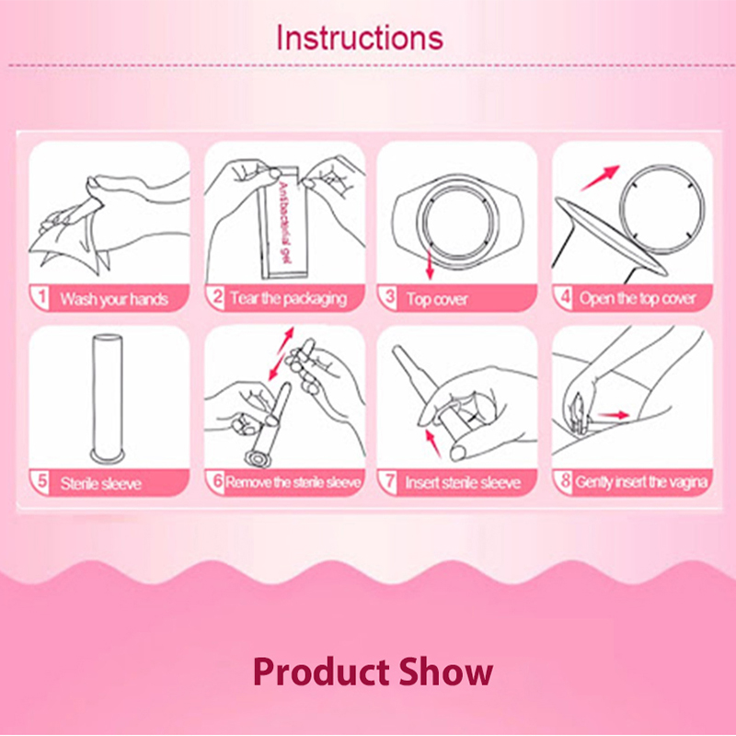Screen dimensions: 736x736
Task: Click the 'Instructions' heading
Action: pyautogui.click(x=360, y=38)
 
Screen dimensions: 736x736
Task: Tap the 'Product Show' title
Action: pyautogui.click(x=373, y=673)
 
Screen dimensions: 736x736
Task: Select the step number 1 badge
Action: pyautogui.click(x=41, y=297)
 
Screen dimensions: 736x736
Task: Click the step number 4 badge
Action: pyautogui.click(x=566, y=297)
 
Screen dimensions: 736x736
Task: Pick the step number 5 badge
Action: pyautogui.click(x=42, y=481)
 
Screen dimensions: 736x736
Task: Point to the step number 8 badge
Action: pyautogui.click(x=565, y=480)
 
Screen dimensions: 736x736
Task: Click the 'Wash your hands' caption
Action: pyautogui.click(x=114, y=299)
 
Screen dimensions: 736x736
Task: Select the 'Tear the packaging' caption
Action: pyautogui.click(x=289, y=298)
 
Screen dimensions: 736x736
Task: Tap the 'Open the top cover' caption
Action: pyautogui.click(x=638, y=298)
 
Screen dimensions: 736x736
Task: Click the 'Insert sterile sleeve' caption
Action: pyautogui.click(x=463, y=482)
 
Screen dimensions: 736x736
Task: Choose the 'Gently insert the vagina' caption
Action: pyautogui.click(x=641, y=482)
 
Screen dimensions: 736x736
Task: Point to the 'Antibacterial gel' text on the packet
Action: pyautogui.click(x=284, y=223)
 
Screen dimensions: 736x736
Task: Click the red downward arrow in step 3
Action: pyautogui.click(x=429, y=264)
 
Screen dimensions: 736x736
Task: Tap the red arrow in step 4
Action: pyautogui.click(x=601, y=178)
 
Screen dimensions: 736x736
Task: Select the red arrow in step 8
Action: pyautogui.click(x=614, y=415)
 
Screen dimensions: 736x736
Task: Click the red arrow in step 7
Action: pyautogui.click(x=433, y=443)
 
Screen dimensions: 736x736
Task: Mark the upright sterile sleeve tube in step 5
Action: pyautogui.click(x=108, y=398)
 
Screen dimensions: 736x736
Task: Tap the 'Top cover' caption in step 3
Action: pyautogui.click(x=437, y=299)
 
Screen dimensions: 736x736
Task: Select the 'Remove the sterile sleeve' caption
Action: pyautogui.click(x=293, y=482)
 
